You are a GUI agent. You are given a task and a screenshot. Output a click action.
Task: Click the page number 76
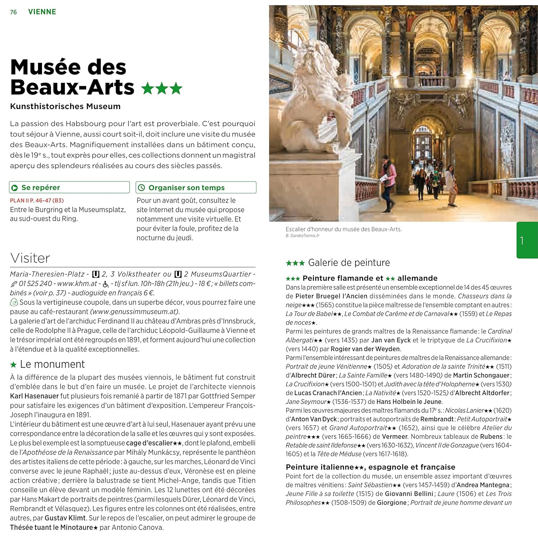[13, 12]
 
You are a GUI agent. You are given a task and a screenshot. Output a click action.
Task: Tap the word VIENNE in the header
[42, 12]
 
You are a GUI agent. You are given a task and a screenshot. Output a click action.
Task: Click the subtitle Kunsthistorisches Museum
[65, 106]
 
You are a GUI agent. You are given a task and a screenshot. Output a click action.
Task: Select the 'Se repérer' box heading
[41, 188]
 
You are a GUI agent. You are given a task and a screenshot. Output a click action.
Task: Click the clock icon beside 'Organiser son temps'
[142, 188]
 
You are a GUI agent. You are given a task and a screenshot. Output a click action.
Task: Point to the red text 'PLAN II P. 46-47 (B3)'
[37, 200]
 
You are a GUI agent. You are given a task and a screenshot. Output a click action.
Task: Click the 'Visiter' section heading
[30, 258]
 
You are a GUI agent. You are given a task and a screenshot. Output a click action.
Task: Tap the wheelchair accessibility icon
[106, 284]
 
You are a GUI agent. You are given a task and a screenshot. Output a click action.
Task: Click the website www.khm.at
[77, 283]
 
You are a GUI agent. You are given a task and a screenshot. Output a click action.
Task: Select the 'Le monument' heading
[52, 364]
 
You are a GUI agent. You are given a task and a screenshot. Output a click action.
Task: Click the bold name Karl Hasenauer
[34, 396]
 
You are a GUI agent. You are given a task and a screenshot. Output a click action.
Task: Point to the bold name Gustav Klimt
[65, 518]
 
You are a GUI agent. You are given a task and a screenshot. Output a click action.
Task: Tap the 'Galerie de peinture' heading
[349, 263]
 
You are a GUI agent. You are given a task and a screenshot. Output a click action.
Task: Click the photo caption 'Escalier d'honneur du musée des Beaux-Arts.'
[344, 229]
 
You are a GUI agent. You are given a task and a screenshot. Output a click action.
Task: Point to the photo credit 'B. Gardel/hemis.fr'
[302, 236]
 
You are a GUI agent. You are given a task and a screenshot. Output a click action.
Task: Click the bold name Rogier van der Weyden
[365, 349]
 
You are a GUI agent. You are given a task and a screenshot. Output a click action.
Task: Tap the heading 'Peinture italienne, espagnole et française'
[370, 467]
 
